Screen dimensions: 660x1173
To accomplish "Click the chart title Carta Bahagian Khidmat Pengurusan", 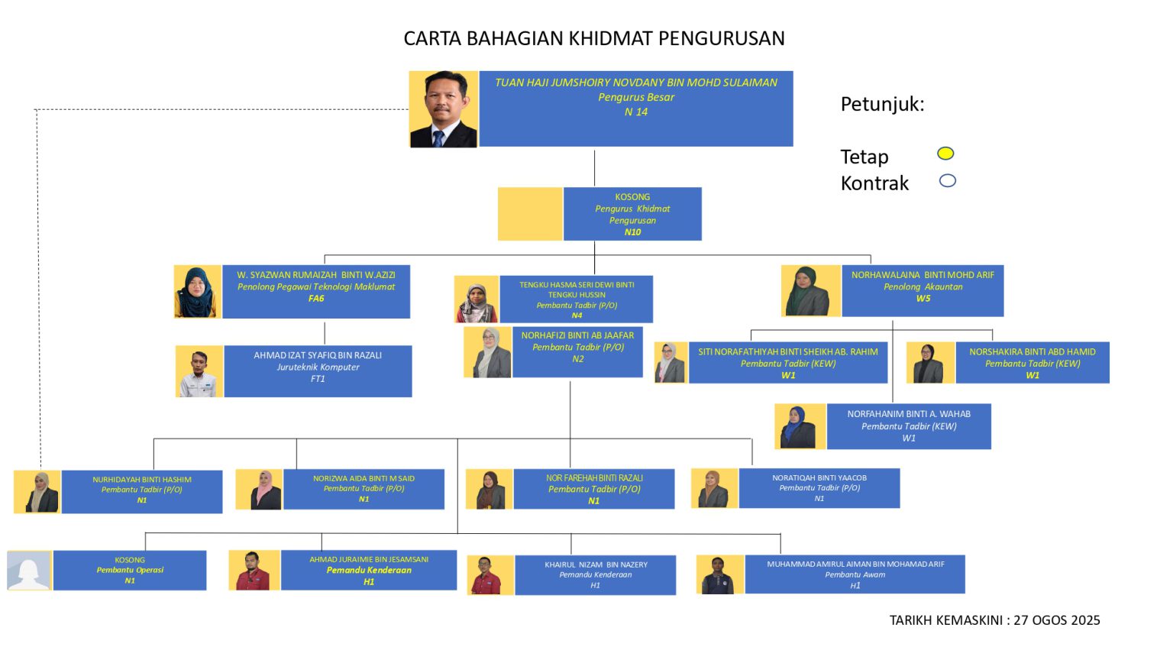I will pyautogui.click(x=593, y=38).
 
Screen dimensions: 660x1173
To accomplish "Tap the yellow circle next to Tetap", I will pyautogui.click(x=945, y=154).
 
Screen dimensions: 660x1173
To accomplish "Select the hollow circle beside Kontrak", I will pyautogui.click(x=947, y=181).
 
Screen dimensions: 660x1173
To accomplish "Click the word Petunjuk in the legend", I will pyautogui.click(x=882, y=104).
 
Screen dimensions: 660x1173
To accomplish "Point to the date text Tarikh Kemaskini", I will pyautogui.click(x=994, y=620).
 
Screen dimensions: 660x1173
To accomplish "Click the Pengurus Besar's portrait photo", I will pyautogui.click(x=443, y=109).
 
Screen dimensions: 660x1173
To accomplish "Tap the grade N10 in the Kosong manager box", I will pyautogui.click(x=632, y=232).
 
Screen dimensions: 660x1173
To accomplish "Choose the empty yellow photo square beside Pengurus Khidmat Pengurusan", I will pyautogui.click(x=530, y=214).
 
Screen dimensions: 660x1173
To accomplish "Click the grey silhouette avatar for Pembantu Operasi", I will pyautogui.click(x=29, y=570).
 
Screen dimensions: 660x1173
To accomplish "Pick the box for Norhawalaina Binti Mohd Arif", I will pyautogui.click(x=923, y=290).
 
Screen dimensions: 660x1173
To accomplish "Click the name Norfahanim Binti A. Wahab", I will pyautogui.click(x=908, y=414).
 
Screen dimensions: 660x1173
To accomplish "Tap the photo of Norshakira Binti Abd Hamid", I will pyautogui.click(x=930, y=363).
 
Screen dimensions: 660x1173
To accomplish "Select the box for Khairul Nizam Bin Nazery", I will pyautogui.click(x=595, y=574).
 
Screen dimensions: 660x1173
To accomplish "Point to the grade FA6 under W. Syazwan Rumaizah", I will pyautogui.click(x=316, y=299).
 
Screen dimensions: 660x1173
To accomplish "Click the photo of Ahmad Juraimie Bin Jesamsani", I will pyautogui.click(x=254, y=570).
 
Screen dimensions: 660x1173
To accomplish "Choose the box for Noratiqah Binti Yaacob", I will pyautogui.click(x=819, y=488).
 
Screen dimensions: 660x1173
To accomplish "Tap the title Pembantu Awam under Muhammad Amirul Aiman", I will pyautogui.click(x=855, y=574).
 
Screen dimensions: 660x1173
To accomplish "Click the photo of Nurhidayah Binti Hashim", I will pyautogui.click(x=37, y=491).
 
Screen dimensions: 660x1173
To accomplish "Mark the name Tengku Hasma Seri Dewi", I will pyautogui.click(x=577, y=290).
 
